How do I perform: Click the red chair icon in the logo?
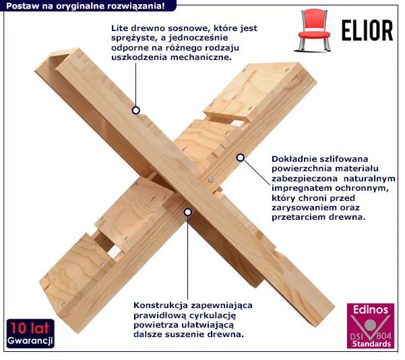point(313,30)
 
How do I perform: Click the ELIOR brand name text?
point(367,30)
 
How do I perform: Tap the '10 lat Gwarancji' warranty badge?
point(30,334)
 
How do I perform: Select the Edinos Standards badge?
point(371,326)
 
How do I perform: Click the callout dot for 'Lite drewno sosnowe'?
point(136,111)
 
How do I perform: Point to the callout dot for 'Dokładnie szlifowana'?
point(241,157)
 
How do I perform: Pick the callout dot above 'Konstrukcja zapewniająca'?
point(188,212)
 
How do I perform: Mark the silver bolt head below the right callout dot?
point(211,179)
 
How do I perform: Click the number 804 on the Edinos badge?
point(384,336)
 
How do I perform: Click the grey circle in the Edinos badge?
point(371,325)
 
